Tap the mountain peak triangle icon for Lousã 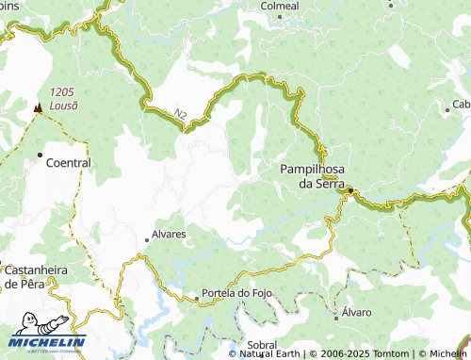tap(38, 107)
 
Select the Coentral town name tap(69, 162)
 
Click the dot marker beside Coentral tap(40, 154)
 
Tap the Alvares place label tap(167, 234)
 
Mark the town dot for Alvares tap(146, 239)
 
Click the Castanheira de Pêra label tap(35, 276)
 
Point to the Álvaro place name tap(357, 311)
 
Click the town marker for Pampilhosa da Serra tap(350, 191)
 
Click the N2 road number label tap(179, 113)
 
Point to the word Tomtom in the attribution tap(386, 353)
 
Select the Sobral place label tap(261, 345)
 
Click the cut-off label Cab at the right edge tap(461, 104)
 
